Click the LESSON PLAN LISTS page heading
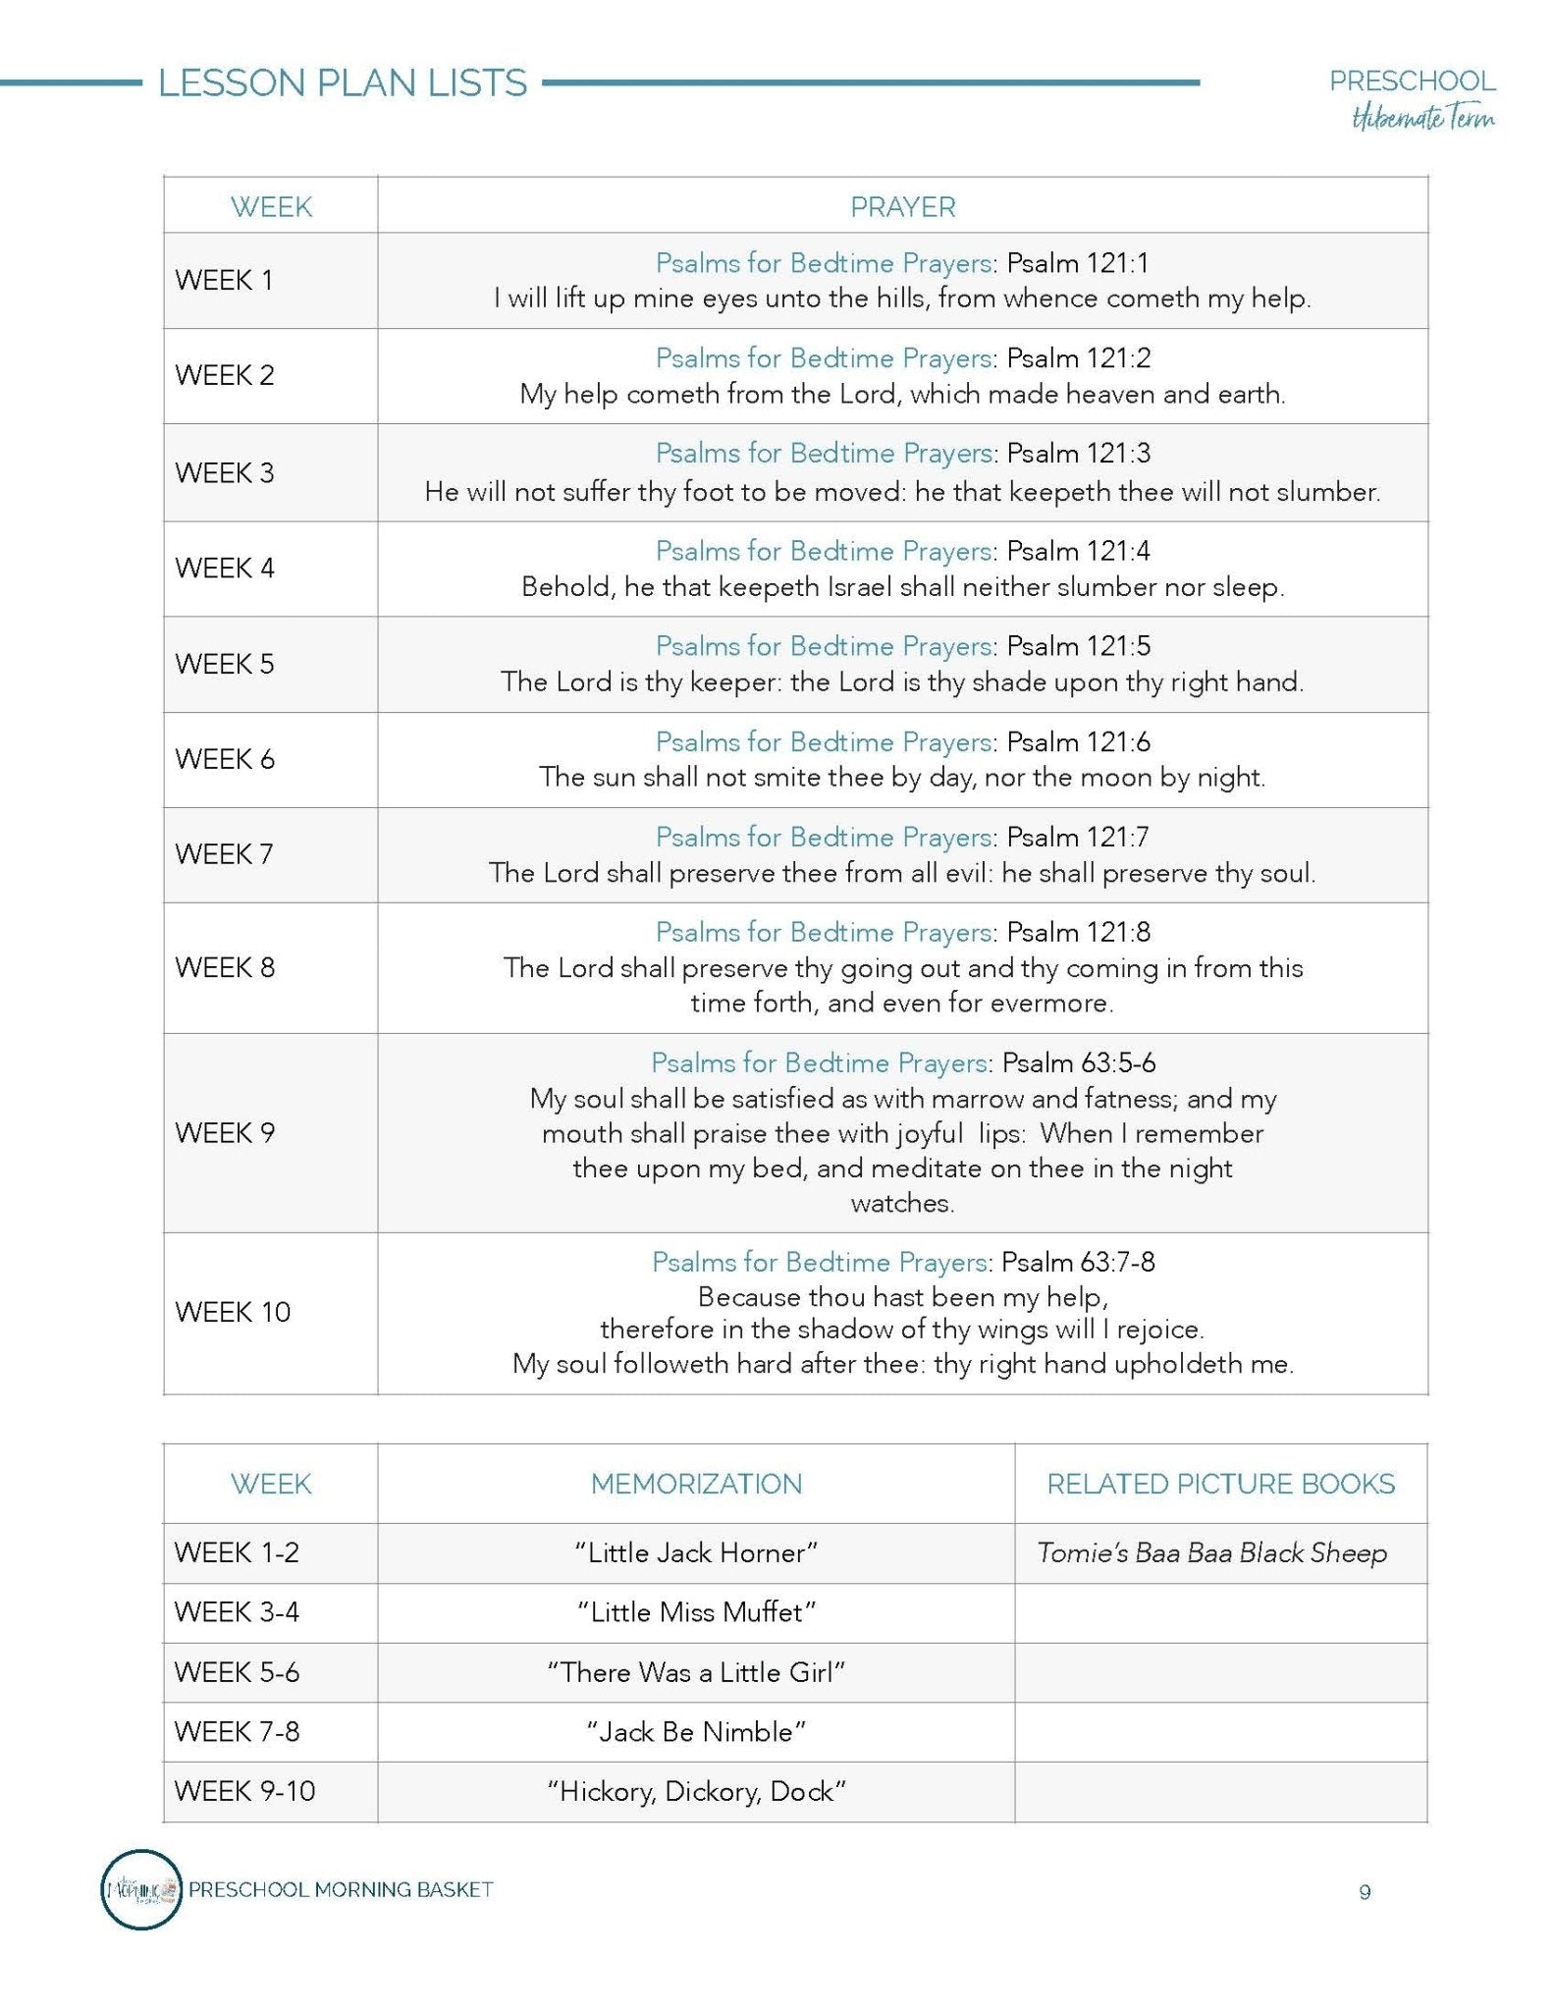click(x=343, y=83)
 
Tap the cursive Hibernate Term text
click(x=1423, y=119)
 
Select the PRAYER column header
click(x=902, y=207)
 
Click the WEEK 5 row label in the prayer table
click(x=225, y=664)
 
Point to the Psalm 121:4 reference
click(x=1078, y=551)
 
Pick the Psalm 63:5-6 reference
click(x=1078, y=1062)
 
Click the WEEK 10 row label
click(x=233, y=1312)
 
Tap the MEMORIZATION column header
click(x=696, y=1484)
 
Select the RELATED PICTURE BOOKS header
click(x=1220, y=1484)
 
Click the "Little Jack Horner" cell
click(x=696, y=1552)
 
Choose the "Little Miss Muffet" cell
click(x=696, y=1612)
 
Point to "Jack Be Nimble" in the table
click(x=696, y=1731)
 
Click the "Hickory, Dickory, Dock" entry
click(x=696, y=1791)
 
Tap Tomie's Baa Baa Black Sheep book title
click(x=1212, y=1552)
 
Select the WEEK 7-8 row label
click(x=237, y=1731)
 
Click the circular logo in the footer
click(x=141, y=1889)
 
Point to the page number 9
click(x=1365, y=1892)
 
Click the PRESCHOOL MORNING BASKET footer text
click(x=341, y=1889)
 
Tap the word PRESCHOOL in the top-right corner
click(x=1413, y=82)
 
